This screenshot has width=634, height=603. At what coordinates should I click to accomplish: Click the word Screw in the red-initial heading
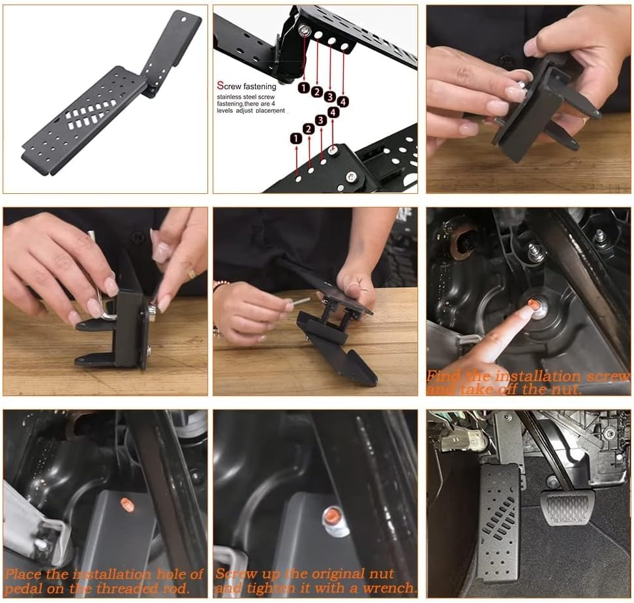pos(231,86)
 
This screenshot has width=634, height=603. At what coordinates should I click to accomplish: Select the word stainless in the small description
pos(231,97)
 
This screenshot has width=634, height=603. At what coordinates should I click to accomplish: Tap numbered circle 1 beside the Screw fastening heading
pos(304,87)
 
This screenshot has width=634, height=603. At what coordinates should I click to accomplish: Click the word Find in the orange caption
pos(445,377)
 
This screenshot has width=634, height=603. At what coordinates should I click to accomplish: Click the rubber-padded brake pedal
pos(567,508)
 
